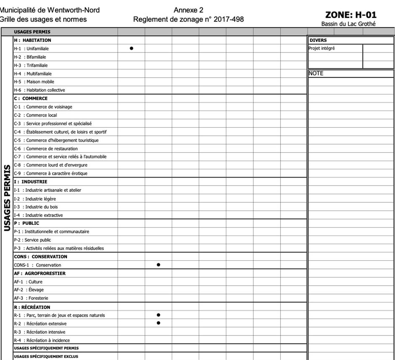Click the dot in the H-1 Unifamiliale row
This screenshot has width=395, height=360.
tap(131, 48)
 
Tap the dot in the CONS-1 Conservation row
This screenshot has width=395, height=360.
tap(159, 265)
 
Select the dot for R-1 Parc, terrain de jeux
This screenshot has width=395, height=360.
tap(159, 315)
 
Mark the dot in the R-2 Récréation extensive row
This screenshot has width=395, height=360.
tap(159, 323)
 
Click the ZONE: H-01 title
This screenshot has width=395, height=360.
tap(351, 15)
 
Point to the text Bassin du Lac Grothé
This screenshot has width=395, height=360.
tap(348, 24)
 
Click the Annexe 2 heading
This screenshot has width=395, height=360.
tap(188, 10)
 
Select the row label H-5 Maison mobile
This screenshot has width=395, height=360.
tap(34, 82)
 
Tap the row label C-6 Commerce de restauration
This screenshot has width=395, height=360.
tap(46, 149)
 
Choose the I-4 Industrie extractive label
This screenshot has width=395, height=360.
tap(38, 215)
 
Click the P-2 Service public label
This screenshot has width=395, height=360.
tap(32, 240)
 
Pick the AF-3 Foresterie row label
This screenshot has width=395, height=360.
tap(31, 298)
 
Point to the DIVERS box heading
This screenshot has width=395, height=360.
tap(318, 40)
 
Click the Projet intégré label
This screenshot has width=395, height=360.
tap(322, 48)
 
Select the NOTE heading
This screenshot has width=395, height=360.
tap(316, 73)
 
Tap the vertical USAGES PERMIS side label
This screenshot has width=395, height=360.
tap(7, 198)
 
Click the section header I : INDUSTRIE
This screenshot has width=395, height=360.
tap(31, 181)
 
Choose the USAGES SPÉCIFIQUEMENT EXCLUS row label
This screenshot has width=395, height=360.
tap(46, 356)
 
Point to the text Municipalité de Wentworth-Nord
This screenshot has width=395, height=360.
tap(50, 10)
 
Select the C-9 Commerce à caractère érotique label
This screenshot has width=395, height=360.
tap(51, 173)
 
